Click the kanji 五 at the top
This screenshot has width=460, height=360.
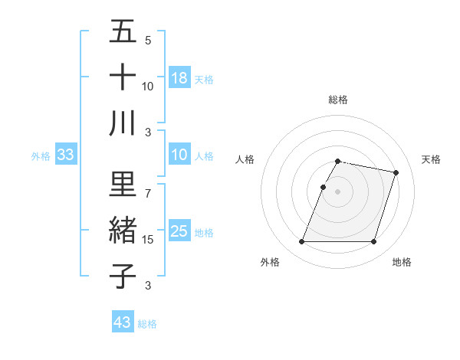[123, 32]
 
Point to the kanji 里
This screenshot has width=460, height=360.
[123, 184]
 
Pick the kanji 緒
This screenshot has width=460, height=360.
[123, 230]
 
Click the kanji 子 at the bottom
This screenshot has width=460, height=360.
[123, 275]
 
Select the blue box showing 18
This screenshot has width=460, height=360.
[179, 78]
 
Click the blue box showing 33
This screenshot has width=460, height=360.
[65, 155]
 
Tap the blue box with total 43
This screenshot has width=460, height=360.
[123, 322]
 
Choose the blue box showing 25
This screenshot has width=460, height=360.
[179, 231]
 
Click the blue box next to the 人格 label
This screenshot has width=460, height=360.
[179, 155]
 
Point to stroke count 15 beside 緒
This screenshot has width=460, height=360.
[148, 240]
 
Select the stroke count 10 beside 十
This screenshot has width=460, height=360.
[148, 86]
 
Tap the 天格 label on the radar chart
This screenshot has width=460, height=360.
[431, 159]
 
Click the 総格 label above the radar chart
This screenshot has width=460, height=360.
[338, 100]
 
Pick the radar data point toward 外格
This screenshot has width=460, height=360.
[302, 242]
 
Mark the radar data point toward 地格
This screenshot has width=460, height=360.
[373, 242]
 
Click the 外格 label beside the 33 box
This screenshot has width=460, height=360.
[41, 156]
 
